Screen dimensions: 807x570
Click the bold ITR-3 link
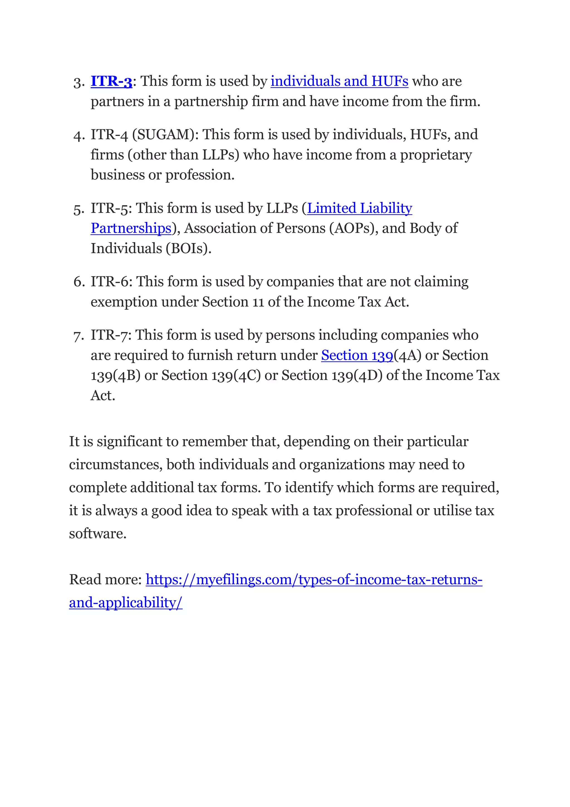111,82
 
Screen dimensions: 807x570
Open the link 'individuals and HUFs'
339,82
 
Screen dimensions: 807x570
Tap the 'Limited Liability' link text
360,208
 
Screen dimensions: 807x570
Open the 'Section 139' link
357,356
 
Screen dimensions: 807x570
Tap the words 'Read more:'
105,580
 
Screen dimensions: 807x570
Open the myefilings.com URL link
314,580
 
